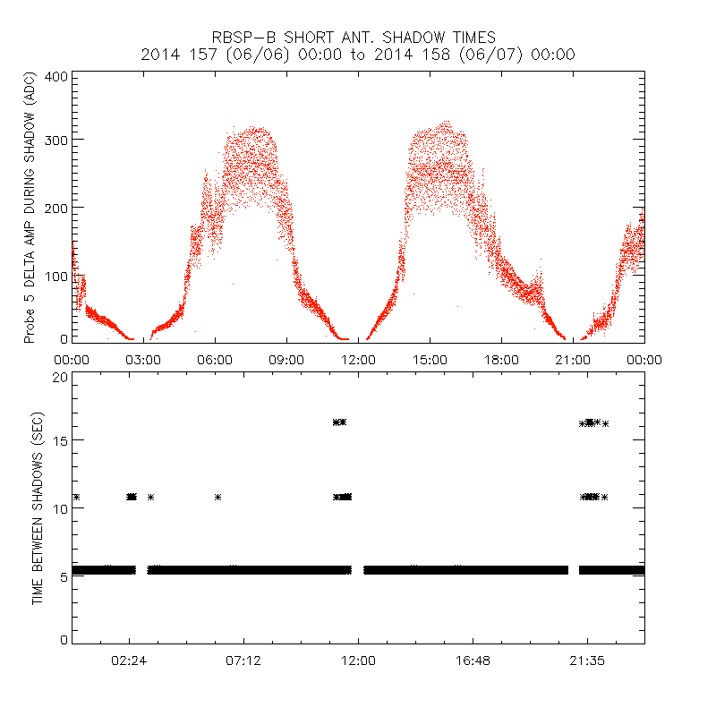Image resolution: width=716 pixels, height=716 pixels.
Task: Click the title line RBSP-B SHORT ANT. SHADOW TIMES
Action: (x=354, y=38)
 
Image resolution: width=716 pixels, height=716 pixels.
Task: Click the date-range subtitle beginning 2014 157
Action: (x=358, y=55)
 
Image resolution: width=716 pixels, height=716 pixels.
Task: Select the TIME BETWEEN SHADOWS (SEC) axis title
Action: (x=38, y=507)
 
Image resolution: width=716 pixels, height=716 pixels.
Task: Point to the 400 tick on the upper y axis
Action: (x=56, y=76)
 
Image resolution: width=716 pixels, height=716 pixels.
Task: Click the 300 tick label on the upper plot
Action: (x=56, y=141)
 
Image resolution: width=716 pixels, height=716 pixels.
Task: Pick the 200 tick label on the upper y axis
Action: (x=56, y=208)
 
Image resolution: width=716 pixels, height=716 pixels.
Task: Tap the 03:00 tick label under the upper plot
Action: (x=143, y=359)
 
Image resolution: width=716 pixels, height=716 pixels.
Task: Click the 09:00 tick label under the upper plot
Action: (x=286, y=359)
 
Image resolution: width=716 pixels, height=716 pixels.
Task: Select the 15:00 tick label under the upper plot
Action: (x=430, y=359)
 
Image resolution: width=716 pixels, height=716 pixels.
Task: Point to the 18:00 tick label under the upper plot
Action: (x=501, y=359)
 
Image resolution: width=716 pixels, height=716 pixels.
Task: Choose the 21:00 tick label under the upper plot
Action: (x=573, y=359)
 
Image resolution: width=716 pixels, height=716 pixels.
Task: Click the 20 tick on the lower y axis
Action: (x=60, y=377)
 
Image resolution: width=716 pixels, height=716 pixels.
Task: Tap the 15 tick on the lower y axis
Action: (x=60, y=440)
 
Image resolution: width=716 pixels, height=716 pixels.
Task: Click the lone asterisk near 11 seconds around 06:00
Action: (x=217, y=497)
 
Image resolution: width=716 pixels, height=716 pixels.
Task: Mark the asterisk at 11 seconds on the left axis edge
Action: (x=76, y=497)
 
